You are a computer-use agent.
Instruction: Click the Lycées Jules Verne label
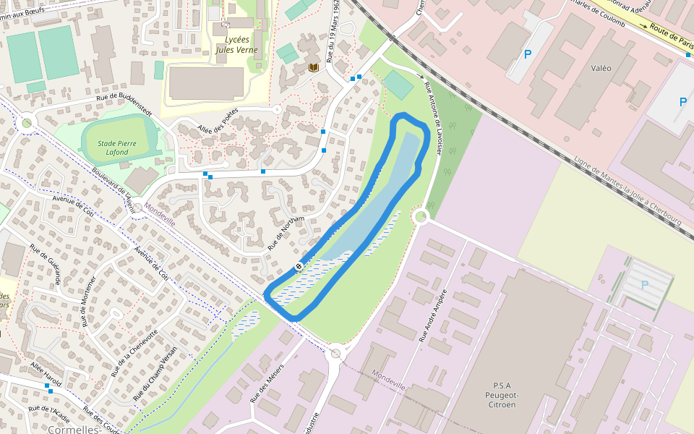click(236, 45)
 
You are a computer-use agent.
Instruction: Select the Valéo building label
click(601, 68)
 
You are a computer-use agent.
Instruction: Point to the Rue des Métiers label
click(267, 381)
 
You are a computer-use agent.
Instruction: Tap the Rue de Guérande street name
click(45, 263)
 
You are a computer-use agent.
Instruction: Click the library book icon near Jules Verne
click(314, 67)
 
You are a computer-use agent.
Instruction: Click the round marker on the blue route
click(298, 268)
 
